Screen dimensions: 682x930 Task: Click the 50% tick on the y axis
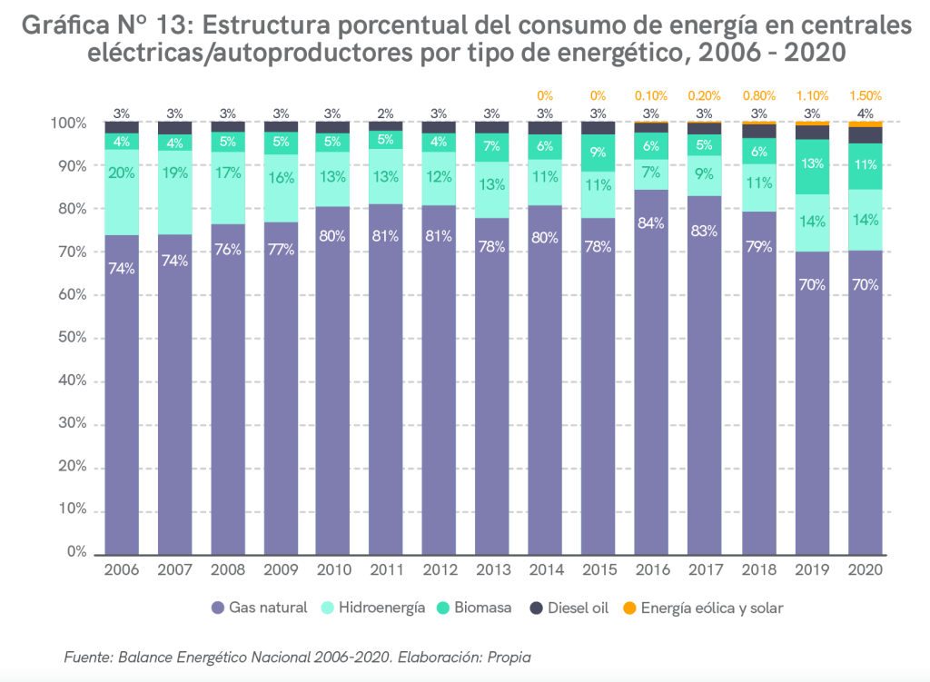click(74, 338)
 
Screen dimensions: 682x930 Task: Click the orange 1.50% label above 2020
click(865, 95)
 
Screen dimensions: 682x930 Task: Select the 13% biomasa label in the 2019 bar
click(812, 164)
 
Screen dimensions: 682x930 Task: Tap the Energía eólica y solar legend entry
click(703, 608)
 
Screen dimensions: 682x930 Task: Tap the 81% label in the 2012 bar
click(440, 236)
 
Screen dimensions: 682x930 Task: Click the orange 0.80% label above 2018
click(758, 95)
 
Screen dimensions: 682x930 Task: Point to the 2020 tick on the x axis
click(865, 569)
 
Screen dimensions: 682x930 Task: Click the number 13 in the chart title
click(177, 27)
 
